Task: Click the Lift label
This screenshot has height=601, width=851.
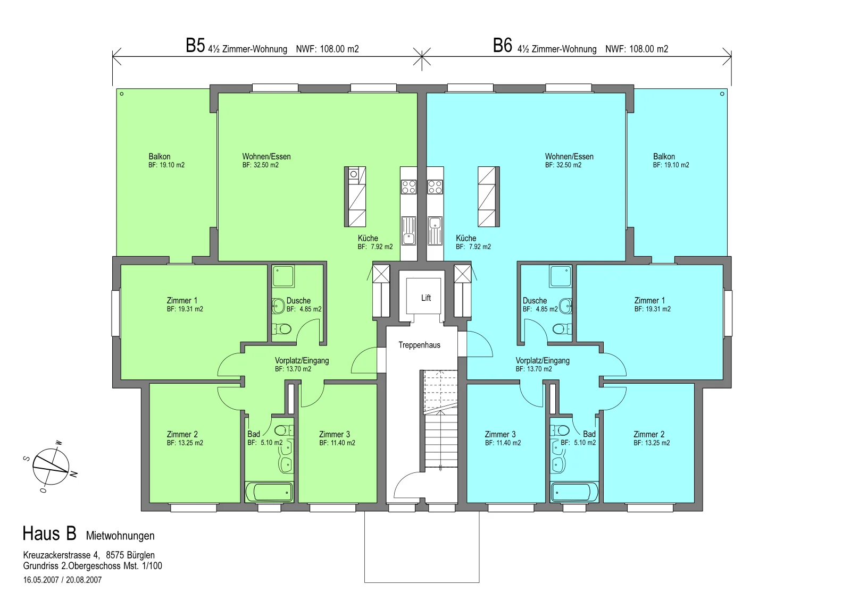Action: (426, 298)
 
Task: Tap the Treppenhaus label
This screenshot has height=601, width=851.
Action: (420, 345)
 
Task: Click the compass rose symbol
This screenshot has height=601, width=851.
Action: (51, 467)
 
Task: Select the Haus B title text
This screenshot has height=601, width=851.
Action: (49, 534)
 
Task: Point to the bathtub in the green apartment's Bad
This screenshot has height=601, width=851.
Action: (269, 492)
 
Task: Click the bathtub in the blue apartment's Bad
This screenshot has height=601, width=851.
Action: (574, 492)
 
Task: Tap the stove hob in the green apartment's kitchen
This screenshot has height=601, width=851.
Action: (409, 187)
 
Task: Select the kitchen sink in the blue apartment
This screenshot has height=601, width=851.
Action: (435, 231)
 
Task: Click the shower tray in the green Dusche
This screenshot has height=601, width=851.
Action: (283, 276)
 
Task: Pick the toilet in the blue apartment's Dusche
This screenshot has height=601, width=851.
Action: (563, 328)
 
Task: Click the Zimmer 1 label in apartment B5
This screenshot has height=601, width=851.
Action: (182, 300)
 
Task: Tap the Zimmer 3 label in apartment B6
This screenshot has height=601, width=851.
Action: (500, 434)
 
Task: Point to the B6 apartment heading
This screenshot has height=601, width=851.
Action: (502, 46)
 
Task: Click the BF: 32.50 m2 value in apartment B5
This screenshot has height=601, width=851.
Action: (261, 165)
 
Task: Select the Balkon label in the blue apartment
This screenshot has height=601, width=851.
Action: (664, 156)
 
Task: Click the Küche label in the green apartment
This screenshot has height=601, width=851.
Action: (368, 239)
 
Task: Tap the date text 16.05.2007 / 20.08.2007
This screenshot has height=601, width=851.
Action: (62, 580)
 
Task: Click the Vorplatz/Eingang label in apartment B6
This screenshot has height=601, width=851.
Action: (543, 361)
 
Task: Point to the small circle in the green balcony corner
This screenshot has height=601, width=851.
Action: (122, 94)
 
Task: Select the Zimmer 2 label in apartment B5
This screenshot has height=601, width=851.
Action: (182, 434)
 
